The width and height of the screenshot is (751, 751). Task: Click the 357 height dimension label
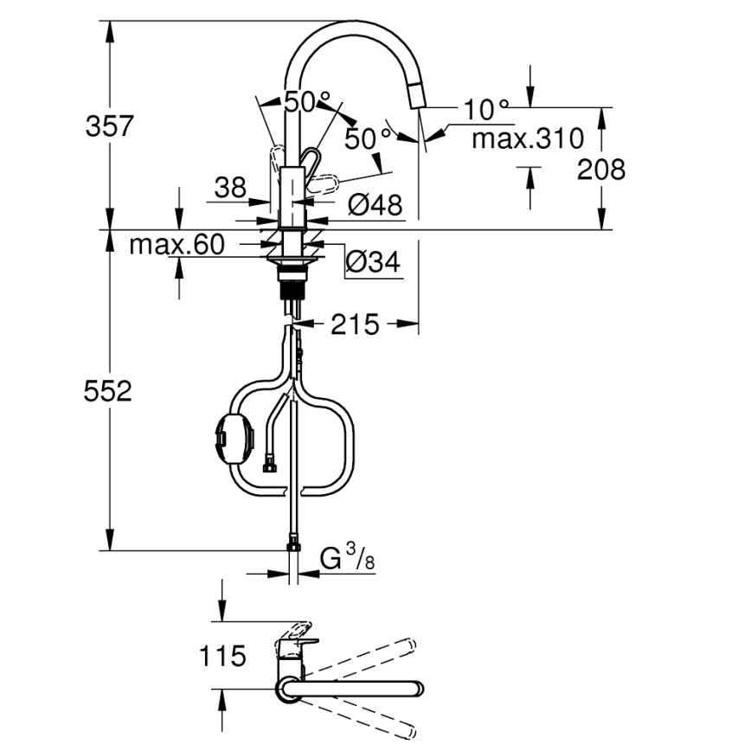point(109,125)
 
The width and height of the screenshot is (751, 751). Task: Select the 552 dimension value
point(109,392)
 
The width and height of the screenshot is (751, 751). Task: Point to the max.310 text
point(527,138)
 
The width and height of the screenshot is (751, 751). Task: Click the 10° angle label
point(486,110)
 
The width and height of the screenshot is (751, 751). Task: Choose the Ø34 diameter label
point(374,261)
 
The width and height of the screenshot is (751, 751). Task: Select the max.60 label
point(177,245)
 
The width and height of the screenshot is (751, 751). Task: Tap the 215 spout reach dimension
point(354,324)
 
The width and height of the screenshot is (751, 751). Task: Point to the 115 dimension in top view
point(224,656)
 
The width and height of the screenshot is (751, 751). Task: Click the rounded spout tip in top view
point(418,690)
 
